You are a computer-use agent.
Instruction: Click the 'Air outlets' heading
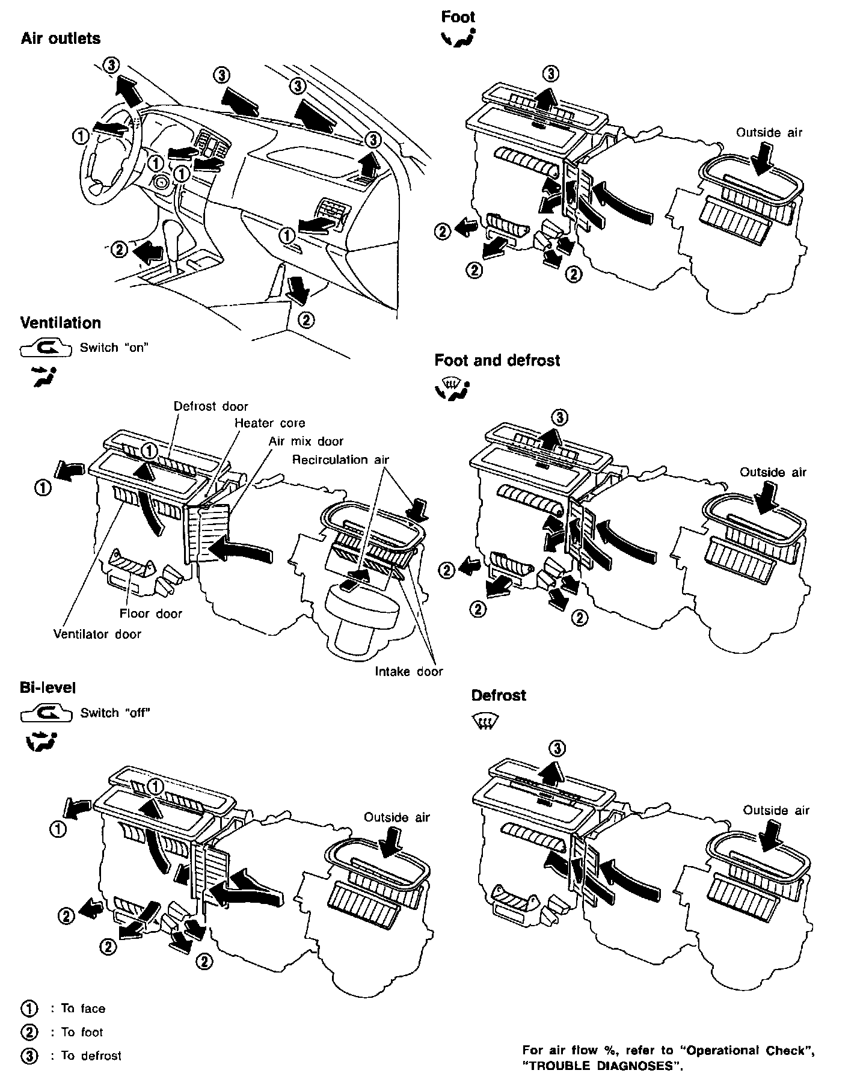click(61, 38)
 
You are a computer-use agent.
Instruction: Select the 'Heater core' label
click(269, 423)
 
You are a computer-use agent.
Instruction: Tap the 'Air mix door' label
click(306, 441)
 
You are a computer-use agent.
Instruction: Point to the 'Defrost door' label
click(210, 407)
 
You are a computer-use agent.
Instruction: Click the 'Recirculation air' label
click(340, 460)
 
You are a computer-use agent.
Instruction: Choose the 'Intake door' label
click(408, 671)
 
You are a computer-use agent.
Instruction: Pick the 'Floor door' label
click(150, 613)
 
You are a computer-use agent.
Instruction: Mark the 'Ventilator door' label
click(97, 634)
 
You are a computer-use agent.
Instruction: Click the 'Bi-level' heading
click(48, 687)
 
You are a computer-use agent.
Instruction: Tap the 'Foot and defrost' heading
click(497, 361)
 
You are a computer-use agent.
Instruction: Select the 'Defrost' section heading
click(499, 696)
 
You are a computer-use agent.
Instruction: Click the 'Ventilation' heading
click(61, 323)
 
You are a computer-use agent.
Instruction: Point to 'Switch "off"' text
click(115, 713)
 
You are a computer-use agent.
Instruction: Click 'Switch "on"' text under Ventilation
click(114, 348)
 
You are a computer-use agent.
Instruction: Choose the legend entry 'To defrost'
click(91, 1056)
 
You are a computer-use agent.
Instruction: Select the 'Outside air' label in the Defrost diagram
click(776, 811)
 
